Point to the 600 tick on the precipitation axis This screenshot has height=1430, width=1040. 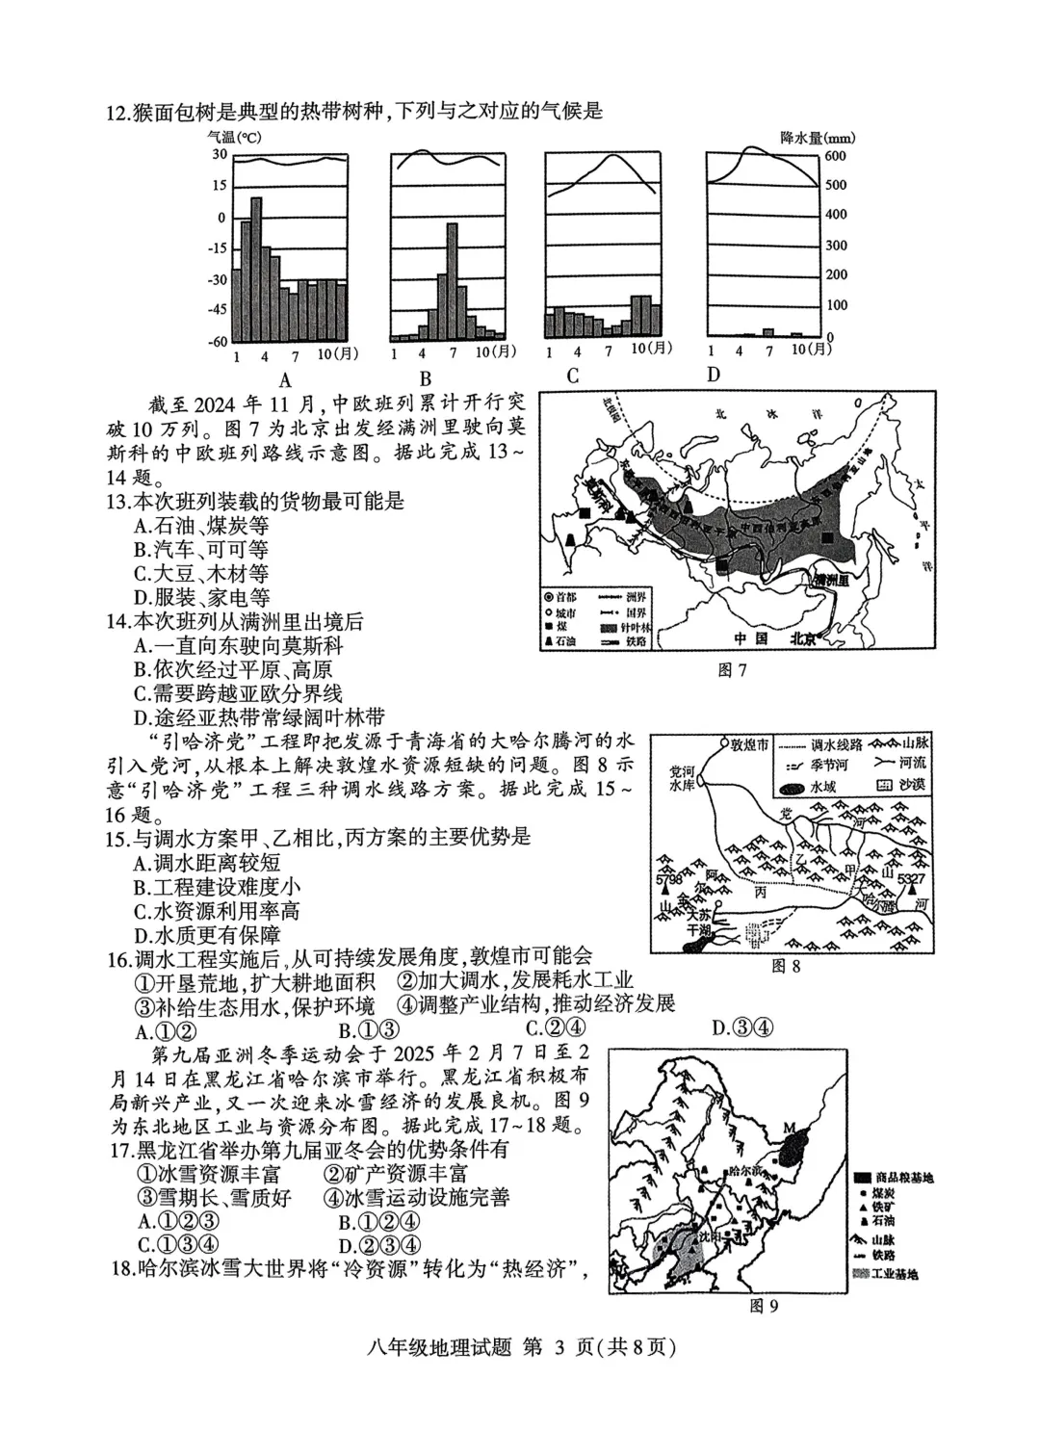pyautogui.click(x=835, y=156)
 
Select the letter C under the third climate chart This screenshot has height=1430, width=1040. pyautogui.click(x=573, y=376)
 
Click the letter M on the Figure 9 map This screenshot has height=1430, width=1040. pyautogui.click(x=790, y=1128)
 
